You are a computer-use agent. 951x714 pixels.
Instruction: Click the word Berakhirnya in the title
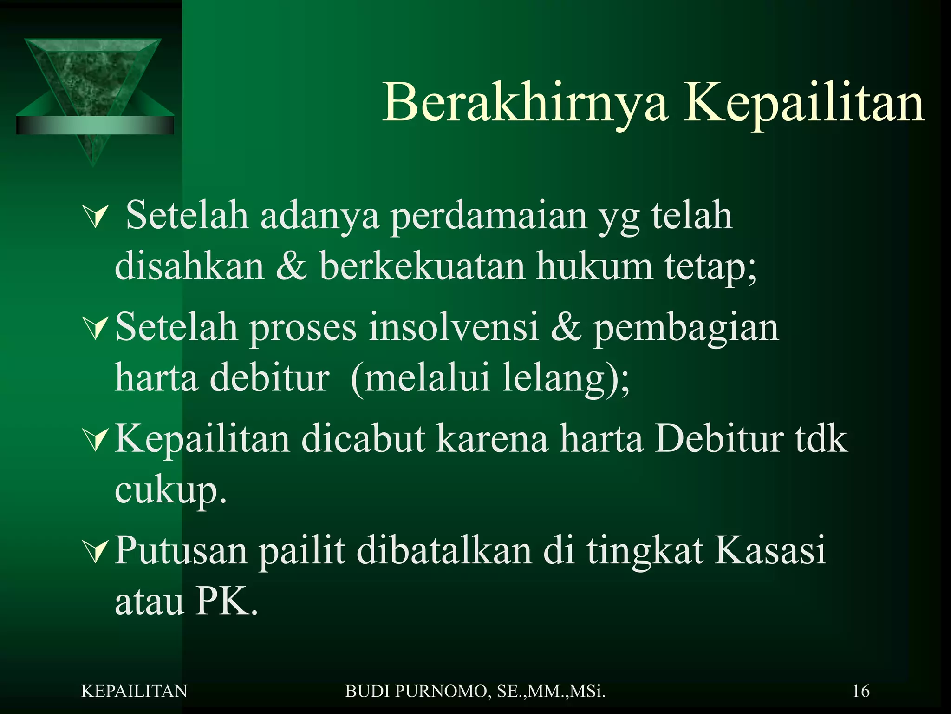(525, 103)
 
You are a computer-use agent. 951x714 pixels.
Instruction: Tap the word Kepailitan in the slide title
(804, 103)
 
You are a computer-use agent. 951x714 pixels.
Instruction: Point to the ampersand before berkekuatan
(291, 267)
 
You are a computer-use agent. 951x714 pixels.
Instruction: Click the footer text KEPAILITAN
(134, 691)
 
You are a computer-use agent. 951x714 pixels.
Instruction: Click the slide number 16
(861, 691)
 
